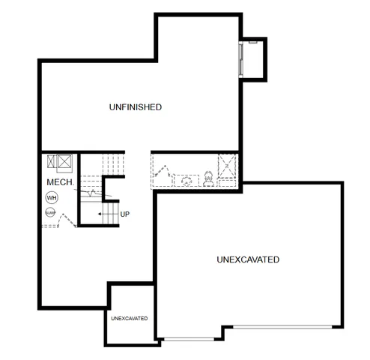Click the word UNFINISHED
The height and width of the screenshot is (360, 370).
tap(136, 107)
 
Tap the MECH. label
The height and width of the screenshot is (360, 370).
tap(58, 182)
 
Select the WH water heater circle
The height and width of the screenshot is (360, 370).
tap(52, 197)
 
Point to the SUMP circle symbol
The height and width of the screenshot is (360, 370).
tap(51, 213)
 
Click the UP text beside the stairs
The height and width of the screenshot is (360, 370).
tap(125, 214)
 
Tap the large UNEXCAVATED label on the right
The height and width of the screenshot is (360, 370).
tap(248, 260)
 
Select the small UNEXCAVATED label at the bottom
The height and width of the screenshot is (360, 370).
tap(129, 319)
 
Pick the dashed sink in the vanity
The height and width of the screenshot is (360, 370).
tap(185, 181)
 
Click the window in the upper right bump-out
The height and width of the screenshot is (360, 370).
tap(240, 59)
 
